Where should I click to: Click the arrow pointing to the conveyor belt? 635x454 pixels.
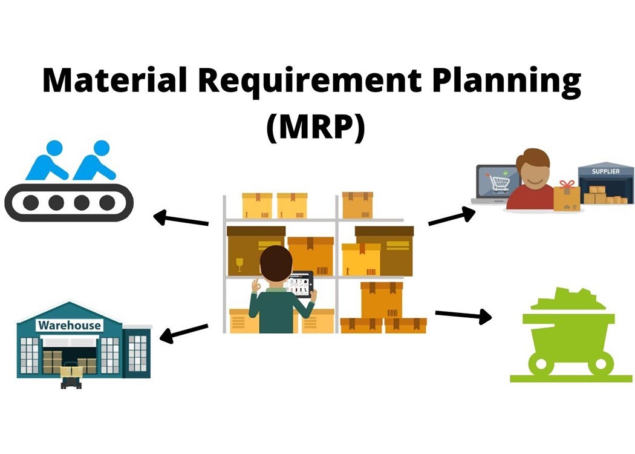click(181, 219)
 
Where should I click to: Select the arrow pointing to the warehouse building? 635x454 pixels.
click(184, 332)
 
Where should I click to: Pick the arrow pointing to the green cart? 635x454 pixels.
click(463, 315)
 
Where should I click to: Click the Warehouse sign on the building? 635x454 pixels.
click(70, 326)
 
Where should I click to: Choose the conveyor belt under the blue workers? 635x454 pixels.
click(68, 203)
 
